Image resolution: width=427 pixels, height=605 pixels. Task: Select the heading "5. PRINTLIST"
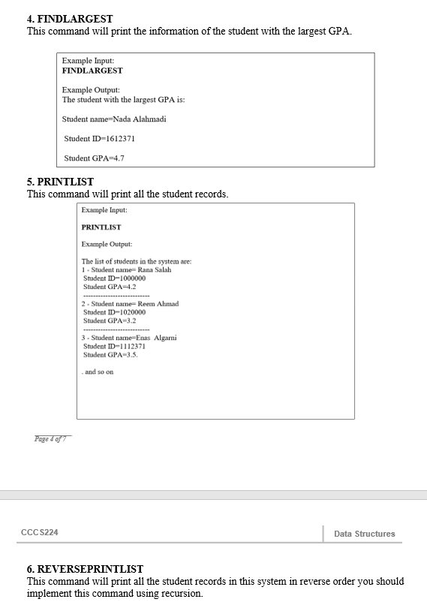60,182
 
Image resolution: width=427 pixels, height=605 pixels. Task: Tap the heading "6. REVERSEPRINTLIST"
85,569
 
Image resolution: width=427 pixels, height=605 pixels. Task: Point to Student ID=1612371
99,139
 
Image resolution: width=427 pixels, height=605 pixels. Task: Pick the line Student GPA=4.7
94,158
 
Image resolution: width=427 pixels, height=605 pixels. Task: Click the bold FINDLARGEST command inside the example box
92,71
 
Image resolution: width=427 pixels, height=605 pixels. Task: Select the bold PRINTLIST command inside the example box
101,227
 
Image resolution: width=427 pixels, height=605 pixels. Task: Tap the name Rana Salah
155,269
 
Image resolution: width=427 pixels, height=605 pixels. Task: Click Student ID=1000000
114,278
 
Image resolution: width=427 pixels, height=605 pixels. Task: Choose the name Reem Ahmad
158,303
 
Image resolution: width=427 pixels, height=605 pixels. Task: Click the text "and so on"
99,372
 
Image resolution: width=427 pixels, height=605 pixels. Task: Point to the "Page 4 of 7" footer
51,439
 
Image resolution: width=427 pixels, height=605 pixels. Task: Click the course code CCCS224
39,532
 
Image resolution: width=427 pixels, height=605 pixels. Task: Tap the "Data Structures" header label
364,534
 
